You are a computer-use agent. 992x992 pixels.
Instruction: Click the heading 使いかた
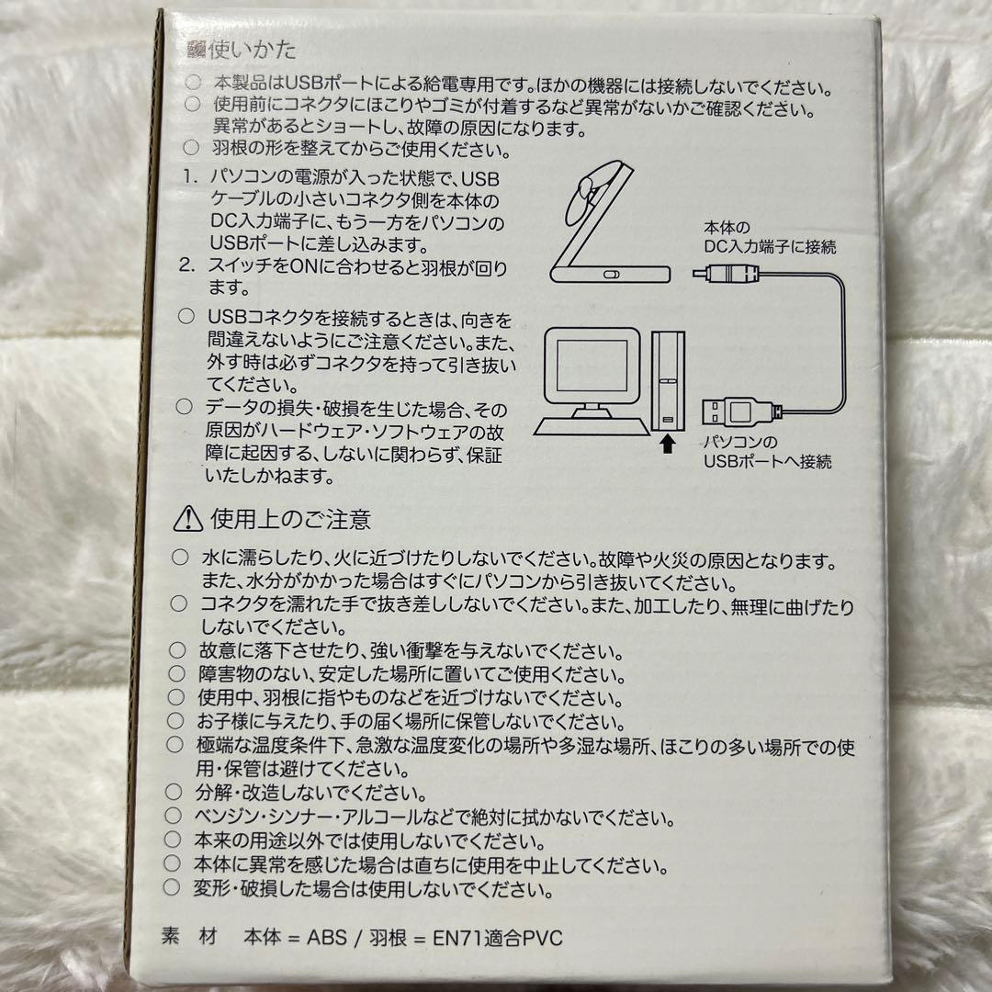click(x=252, y=50)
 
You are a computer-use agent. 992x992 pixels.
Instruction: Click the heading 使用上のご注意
click(x=290, y=519)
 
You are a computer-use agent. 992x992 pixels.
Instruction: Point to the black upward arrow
click(x=666, y=445)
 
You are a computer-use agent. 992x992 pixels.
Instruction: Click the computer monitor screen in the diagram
click(x=592, y=366)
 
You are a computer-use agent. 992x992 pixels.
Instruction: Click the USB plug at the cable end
click(x=738, y=411)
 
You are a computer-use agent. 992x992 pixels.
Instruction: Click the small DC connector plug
click(x=726, y=274)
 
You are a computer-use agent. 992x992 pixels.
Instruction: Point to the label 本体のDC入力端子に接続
click(x=770, y=237)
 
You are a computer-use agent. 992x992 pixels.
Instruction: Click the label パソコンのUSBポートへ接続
click(x=767, y=452)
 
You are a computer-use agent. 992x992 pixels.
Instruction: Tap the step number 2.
click(x=186, y=265)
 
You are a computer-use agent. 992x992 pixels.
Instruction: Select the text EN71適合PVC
click(x=497, y=938)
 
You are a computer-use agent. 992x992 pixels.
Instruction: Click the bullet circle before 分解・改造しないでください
click(x=174, y=792)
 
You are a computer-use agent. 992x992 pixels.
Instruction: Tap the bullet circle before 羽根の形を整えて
click(x=191, y=148)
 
